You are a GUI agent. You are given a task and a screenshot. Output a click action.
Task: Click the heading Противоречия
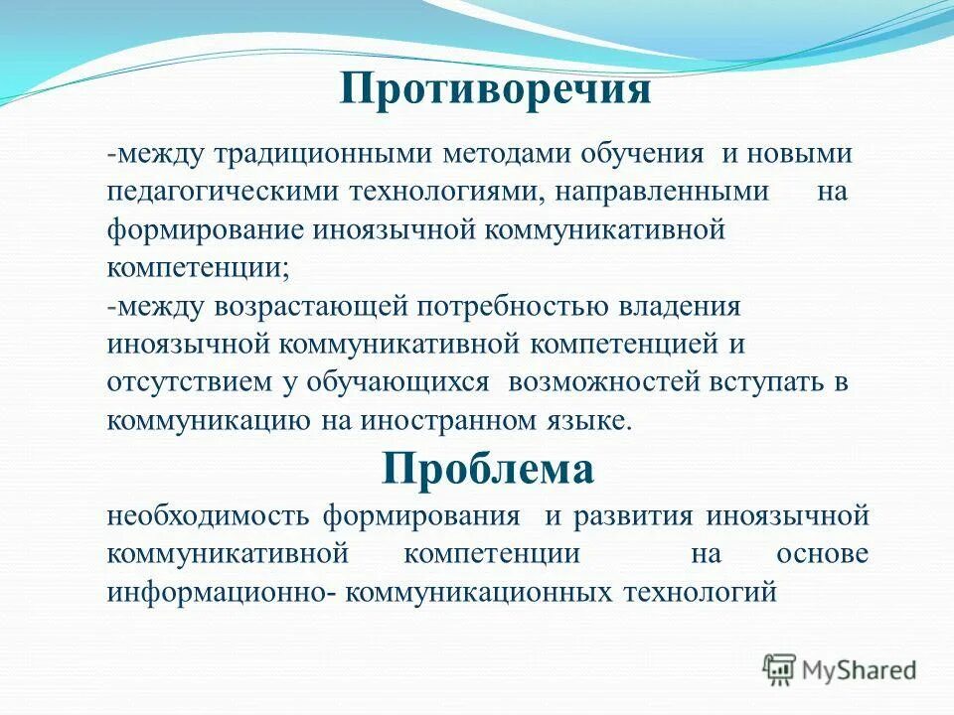tap(495, 90)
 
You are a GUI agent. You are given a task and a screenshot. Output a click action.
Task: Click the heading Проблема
tap(488, 469)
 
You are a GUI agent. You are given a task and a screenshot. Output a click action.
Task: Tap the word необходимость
tap(211, 517)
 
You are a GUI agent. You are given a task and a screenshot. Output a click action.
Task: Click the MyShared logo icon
tap(779, 670)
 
